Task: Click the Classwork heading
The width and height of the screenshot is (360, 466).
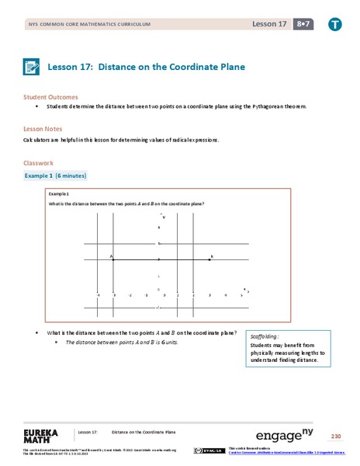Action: pyautogui.click(x=39, y=163)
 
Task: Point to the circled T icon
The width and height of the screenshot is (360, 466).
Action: pyautogui.click(x=334, y=26)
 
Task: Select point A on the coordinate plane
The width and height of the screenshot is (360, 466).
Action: pyautogui.click(x=113, y=259)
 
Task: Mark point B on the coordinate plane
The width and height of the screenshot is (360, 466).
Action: pyautogui.click(x=209, y=259)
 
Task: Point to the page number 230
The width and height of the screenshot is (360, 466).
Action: pyautogui.click(x=335, y=436)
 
